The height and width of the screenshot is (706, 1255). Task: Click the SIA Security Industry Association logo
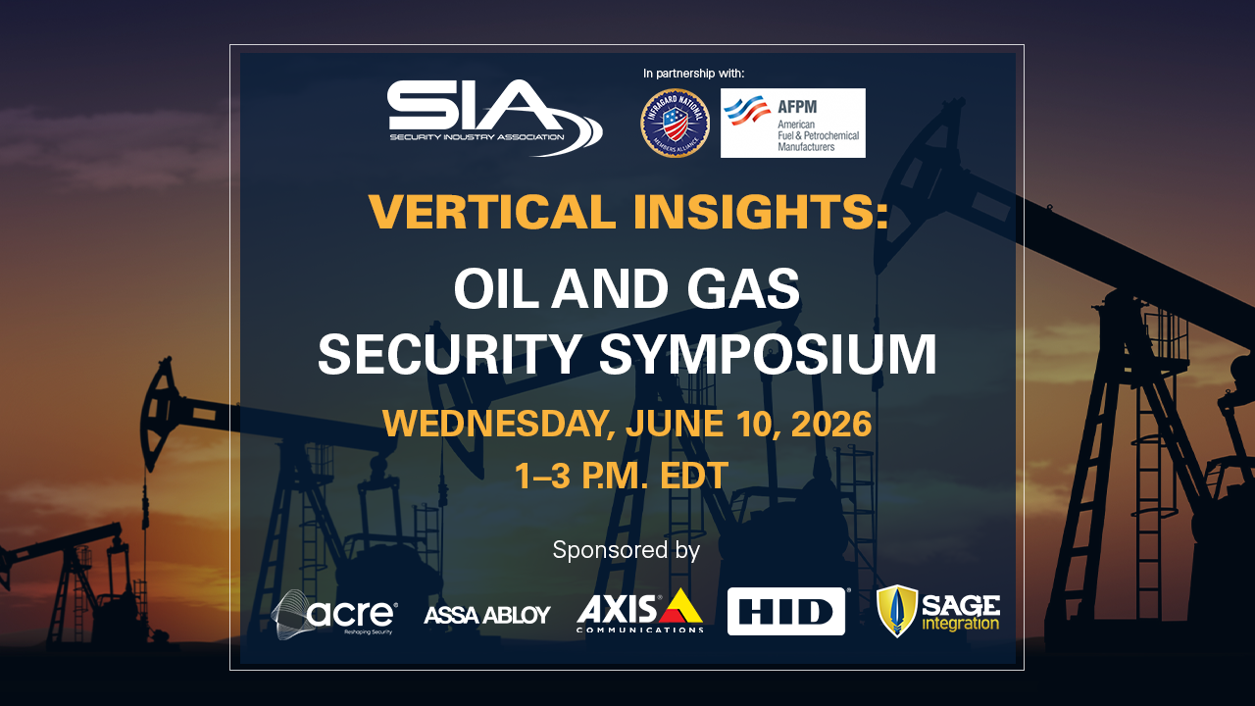pos(494,118)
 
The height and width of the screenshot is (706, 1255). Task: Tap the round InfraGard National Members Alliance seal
pos(675,123)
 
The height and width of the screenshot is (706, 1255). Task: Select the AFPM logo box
pos(792,123)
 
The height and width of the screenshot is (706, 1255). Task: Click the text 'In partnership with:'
pos(693,74)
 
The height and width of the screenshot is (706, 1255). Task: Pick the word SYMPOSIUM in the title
pos(768,355)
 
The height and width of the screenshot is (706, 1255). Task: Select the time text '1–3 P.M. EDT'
pos(622,476)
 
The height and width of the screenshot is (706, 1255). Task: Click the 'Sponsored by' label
pos(627,550)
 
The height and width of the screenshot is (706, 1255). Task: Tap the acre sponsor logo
pos(334,614)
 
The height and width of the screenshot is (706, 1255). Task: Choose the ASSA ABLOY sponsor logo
pos(487,615)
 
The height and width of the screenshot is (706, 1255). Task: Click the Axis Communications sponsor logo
pos(640,612)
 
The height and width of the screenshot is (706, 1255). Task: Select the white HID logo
pos(786,612)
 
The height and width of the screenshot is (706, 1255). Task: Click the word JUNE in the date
pos(670,425)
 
